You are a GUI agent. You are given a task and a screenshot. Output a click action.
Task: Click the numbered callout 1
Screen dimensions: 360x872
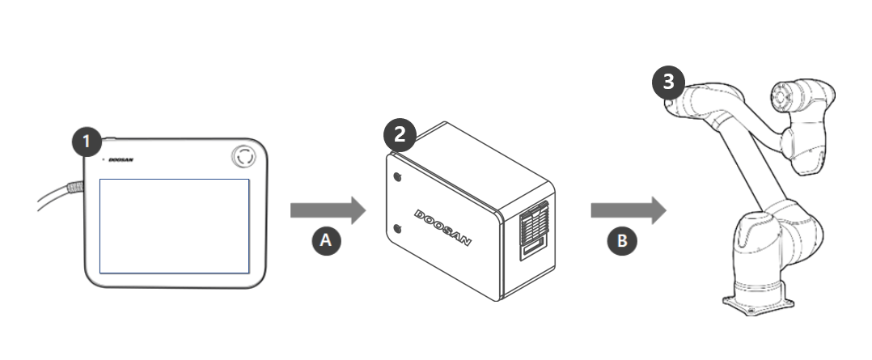tap(87, 142)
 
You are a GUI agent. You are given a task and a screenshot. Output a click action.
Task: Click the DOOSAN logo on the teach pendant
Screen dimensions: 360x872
tap(121, 160)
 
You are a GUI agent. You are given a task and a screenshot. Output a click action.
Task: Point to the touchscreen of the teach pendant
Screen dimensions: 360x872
tap(174, 226)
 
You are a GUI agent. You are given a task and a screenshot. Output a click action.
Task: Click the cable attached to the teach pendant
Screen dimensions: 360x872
tap(53, 196)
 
